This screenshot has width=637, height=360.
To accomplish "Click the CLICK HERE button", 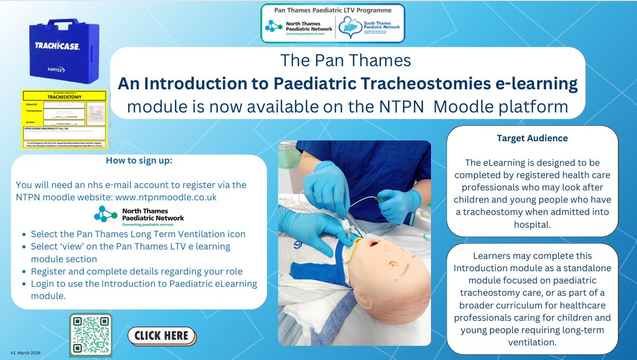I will [x=162, y=336].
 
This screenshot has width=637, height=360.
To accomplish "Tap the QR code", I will [x=90, y=335].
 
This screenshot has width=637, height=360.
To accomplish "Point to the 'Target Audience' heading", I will [x=532, y=138].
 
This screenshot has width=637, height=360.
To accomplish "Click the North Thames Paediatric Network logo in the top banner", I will [x=299, y=27].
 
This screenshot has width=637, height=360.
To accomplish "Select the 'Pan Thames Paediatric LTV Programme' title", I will [x=333, y=10].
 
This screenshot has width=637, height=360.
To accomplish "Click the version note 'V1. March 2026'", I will [x=26, y=353].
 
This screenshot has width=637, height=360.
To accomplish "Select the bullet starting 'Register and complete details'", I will [x=137, y=271].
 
